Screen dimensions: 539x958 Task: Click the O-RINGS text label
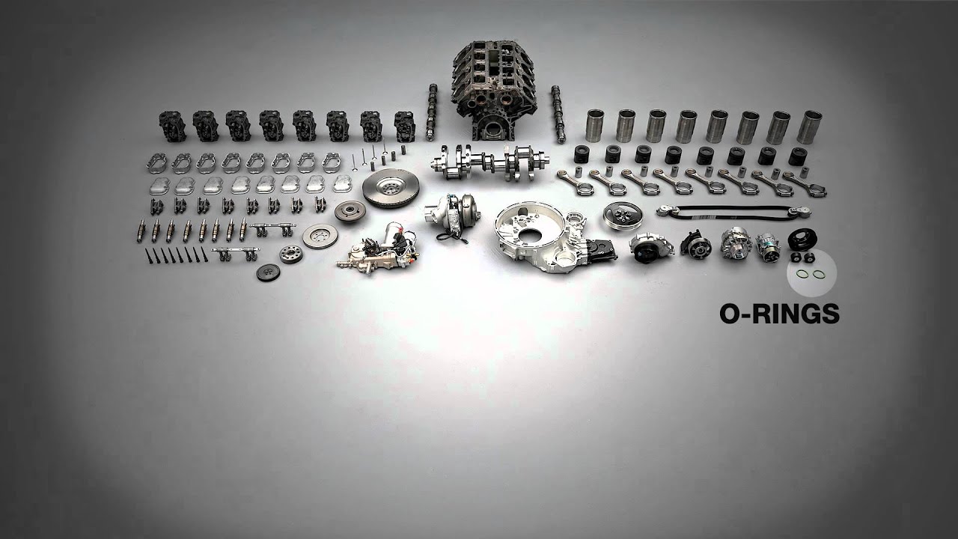coord(779,314)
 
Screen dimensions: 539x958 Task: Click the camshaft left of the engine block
coord(431,112)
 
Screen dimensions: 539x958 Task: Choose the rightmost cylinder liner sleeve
coord(808,127)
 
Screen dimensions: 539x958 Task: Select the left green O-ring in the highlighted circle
coord(801,274)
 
